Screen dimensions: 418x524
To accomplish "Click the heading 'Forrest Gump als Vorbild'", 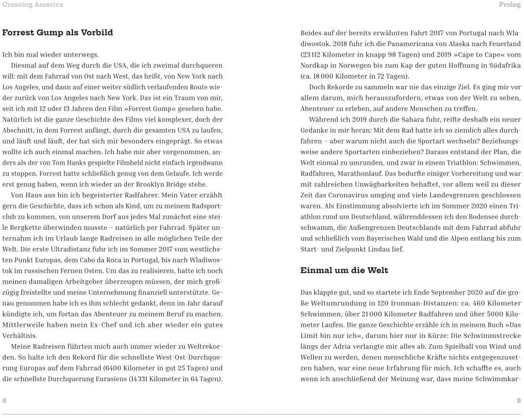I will point(57,33).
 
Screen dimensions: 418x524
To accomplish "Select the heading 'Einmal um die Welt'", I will point(344,270).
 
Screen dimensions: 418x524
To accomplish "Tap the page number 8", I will point(4,401).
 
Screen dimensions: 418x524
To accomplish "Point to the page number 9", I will point(519,401).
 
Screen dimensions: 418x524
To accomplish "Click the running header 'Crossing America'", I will point(33,5).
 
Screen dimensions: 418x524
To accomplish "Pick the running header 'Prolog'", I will point(510,5).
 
